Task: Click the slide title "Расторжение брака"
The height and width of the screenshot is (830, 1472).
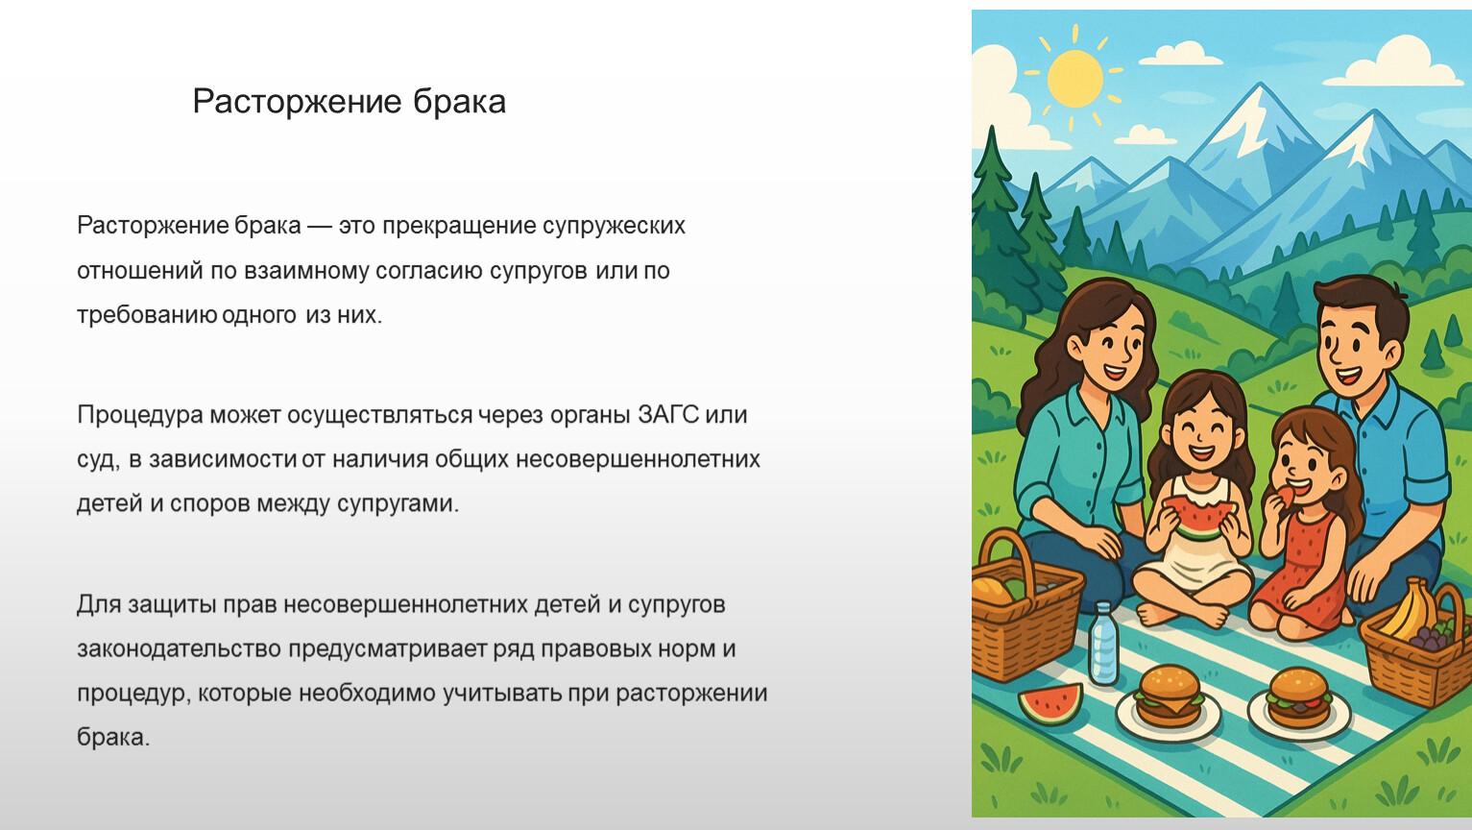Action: tap(349, 102)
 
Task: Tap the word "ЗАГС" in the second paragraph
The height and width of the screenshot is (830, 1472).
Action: tap(667, 415)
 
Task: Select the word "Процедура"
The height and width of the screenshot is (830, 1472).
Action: tap(140, 416)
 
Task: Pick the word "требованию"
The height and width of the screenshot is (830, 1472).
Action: tap(147, 315)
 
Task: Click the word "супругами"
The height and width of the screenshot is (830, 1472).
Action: tap(398, 503)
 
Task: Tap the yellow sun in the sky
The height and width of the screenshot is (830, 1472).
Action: tap(1075, 78)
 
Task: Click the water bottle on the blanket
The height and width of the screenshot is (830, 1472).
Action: tap(1103, 644)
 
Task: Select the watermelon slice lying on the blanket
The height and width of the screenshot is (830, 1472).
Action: tap(1051, 702)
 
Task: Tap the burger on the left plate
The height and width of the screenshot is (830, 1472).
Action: tap(1168, 696)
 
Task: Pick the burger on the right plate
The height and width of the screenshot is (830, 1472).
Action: tap(1298, 697)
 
